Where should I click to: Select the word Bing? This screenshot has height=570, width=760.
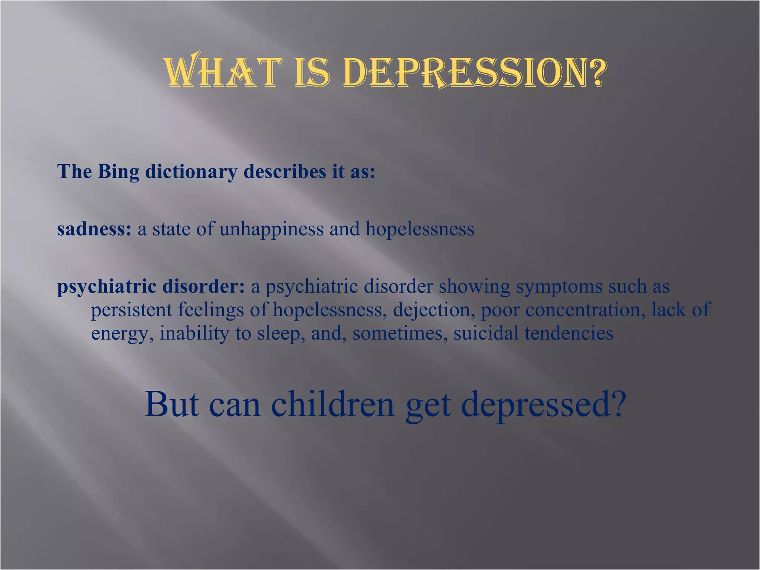coord(118,172)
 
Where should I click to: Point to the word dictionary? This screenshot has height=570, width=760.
coord(191,172)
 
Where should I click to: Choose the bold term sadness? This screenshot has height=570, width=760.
coord(94,229)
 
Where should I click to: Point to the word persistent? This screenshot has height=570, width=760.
coord(131,310)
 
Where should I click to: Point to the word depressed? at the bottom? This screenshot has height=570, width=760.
coord(544,405)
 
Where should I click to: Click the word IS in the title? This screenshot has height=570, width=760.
coord(312,71)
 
